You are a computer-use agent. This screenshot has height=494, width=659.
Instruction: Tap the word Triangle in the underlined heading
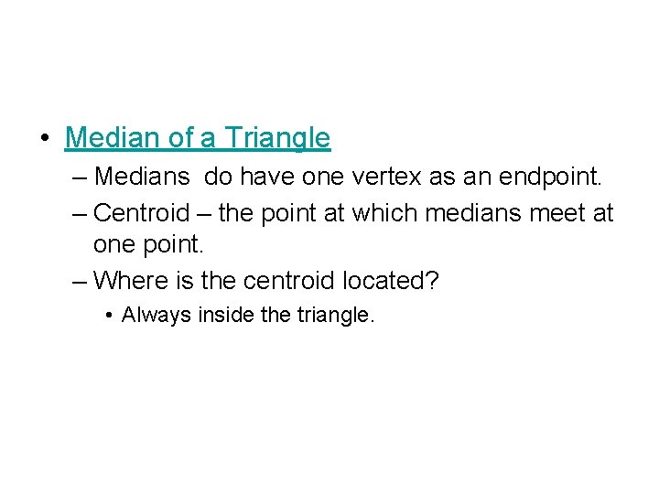[277, 138]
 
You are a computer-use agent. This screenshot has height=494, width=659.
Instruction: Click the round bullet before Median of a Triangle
[45, 139]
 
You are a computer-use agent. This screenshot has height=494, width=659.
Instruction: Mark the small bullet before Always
[109, 317]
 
